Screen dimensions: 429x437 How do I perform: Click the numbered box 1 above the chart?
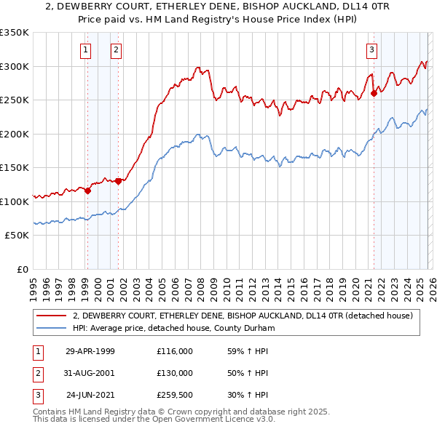click(x=86, y=50)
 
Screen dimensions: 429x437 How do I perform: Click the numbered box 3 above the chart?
click(x=371, y=50)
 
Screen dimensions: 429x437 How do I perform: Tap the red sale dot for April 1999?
click(x=87, y=191)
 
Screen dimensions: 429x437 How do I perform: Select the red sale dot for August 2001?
click(x=118, y=181)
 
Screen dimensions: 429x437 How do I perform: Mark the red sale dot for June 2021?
click(x=374, y=93)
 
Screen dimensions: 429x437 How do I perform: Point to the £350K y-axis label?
click(x=14, y=33)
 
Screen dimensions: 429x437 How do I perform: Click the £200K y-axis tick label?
click(x=14, y=134)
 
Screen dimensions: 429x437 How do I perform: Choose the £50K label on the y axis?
click(x=17, y=236)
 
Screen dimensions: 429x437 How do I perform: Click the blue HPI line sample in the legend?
click(x=51, y=327)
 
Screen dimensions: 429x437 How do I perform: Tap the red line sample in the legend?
click(x=51, y=316)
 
